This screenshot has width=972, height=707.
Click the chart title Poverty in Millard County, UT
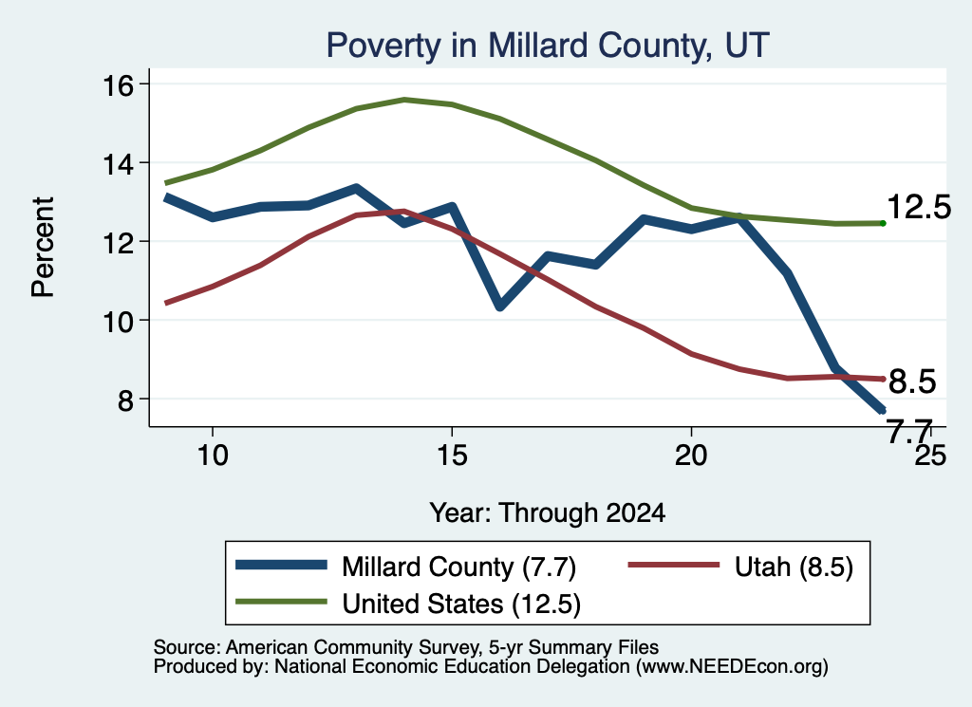tap(548, 46)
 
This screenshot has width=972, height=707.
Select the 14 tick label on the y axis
tap(118, 163)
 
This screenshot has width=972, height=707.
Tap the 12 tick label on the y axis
tap(118, 242)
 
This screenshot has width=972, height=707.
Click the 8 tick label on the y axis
tap(126, 400)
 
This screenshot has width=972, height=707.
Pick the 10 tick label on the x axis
tap(213, 456)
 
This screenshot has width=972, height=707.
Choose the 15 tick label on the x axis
tap(452, 456)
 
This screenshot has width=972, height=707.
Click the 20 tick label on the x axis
tap(691, 456)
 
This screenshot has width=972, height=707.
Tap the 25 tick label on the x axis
tap(930, 456)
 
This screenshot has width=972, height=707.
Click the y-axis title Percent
tap(43, 248)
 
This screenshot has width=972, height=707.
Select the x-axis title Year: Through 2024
tap(548, 513)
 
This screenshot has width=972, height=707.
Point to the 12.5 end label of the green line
tap(919, 207)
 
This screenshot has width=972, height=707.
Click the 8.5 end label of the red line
tap(912, 381)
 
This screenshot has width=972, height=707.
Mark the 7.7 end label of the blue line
tap(909, 431)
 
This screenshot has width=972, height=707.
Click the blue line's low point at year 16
tap(500, 306)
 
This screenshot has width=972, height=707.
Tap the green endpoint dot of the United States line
tap(883, 223)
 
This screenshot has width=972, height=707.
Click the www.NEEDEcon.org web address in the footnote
tap(732, 667)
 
